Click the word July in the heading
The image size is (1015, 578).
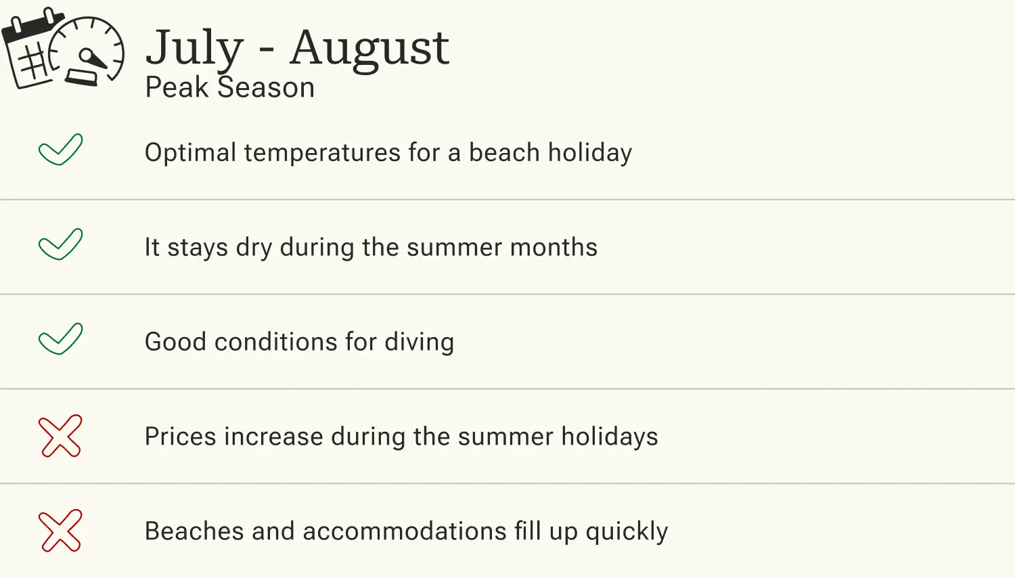[194, 48]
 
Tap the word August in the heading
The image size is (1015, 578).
[369, 48]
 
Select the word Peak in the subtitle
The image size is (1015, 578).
[177, 88]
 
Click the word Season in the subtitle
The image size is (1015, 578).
[266, 88]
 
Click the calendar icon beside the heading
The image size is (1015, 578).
[30, 51]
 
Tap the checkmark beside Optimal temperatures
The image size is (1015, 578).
[60, 150]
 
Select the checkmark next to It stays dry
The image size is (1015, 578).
[60, 244]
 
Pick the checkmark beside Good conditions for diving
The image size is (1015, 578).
[60, 339]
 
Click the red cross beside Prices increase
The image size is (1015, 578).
[60, 436]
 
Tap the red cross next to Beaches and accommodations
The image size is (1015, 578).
[60, 531]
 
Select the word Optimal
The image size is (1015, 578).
[190, 153]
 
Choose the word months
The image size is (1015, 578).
[554, 248]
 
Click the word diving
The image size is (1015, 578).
[419, 342]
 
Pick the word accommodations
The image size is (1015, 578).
[405, 532]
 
